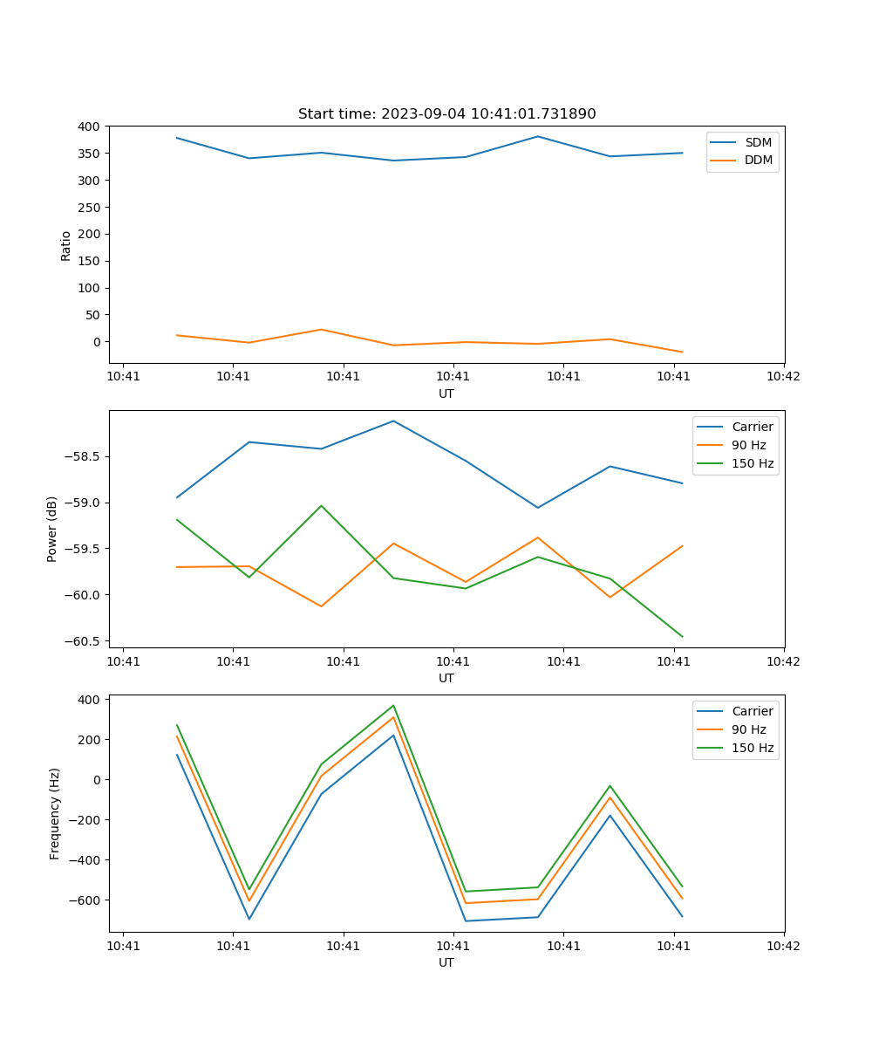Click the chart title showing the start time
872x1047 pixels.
446,114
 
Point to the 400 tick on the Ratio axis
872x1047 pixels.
88,127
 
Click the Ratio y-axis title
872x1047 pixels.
66,246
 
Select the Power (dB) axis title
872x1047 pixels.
52,529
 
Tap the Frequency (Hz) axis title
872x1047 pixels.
55,813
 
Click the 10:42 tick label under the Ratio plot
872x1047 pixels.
783,376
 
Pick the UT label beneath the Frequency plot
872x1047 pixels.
446,962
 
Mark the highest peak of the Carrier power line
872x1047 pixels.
393,421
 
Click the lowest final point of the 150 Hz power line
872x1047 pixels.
682,637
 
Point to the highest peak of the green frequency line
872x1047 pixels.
393,706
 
